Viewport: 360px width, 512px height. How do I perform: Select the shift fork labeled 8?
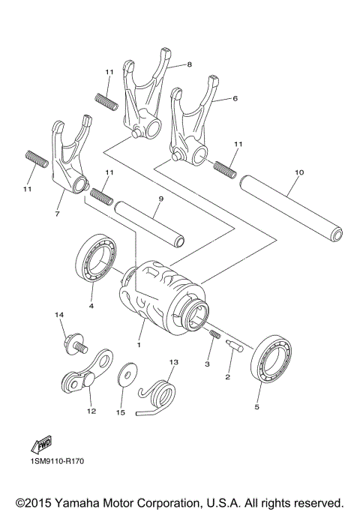pyautogui.click(x=145, y=94)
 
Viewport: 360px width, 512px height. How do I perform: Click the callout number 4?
pyautogui.click(x=91, y=305)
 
